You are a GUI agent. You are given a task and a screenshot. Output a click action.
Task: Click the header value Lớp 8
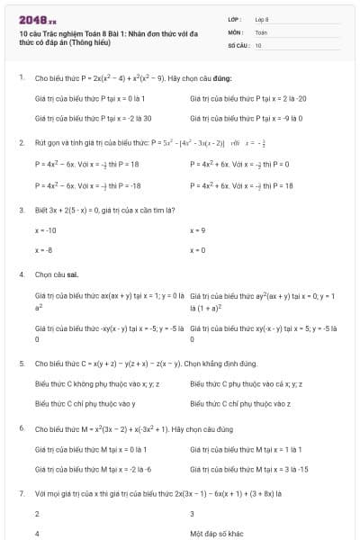[x=262, y=19]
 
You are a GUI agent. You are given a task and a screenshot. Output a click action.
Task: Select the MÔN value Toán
[x=261, y=31]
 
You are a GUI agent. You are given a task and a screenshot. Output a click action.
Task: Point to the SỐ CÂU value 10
[x=258, y=44]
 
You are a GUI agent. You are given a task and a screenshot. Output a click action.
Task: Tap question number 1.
[x=21, y=77]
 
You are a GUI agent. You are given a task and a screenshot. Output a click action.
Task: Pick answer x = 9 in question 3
[x=198, y=230]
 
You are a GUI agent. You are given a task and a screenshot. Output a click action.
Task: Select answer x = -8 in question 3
[x=43, y=249]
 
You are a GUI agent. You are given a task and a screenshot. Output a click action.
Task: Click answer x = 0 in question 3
[x=198, y=249]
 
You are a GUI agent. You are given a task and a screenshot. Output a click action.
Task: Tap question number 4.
[x=21, y=273]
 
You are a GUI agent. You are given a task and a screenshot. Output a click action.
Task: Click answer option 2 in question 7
[x=37, y=514]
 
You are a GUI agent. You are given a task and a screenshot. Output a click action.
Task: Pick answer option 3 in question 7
[x=193, y=514]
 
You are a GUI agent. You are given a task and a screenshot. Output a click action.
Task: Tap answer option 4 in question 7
[x=37, y=533]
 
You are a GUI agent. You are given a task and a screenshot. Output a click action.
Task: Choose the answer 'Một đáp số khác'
[x=215, y=533]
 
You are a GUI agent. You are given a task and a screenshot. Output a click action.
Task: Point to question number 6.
[x=21, y=428]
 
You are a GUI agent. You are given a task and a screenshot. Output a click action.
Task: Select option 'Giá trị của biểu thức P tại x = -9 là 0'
[x=247, y=118]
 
